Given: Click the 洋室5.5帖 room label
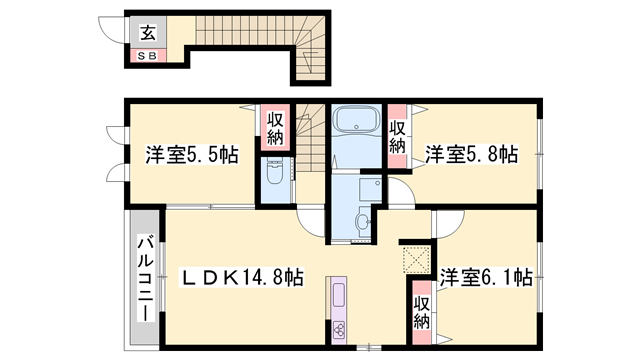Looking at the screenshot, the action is coord(192,155).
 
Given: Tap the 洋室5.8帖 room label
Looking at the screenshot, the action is coord(472,155).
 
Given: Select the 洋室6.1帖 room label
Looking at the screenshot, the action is coord(486,278).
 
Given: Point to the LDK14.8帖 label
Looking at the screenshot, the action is coord(242,278).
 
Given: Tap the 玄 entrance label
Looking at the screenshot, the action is coord(148,33).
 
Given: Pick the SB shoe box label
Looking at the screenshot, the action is coord(147,56).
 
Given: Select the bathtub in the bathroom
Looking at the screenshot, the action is coord(356,120).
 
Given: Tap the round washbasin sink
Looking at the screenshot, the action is coord(362,222).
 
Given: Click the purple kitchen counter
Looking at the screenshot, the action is coord(339,310).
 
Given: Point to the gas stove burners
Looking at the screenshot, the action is coord(339,330).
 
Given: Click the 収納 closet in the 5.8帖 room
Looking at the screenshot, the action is coord(398,136).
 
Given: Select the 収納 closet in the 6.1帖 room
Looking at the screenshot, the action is coord(422,312).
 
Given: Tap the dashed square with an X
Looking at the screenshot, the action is coord(416,260).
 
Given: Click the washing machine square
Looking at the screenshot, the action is coord(370,189).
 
